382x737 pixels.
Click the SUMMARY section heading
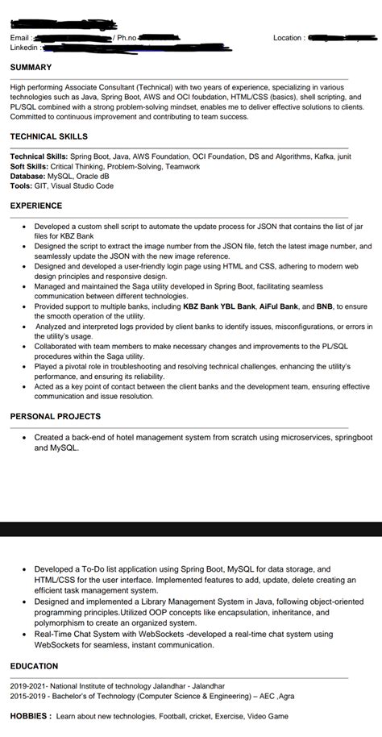click(31, 68)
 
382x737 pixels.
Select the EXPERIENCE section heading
click(36, 206)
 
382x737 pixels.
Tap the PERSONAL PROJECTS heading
click(56, 416)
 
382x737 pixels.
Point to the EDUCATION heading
click(34, 666)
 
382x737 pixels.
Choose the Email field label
click(21, 38)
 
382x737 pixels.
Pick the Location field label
click(289, 38)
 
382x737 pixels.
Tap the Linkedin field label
click(25, 48)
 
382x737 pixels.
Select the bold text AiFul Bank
click(278, 307)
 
